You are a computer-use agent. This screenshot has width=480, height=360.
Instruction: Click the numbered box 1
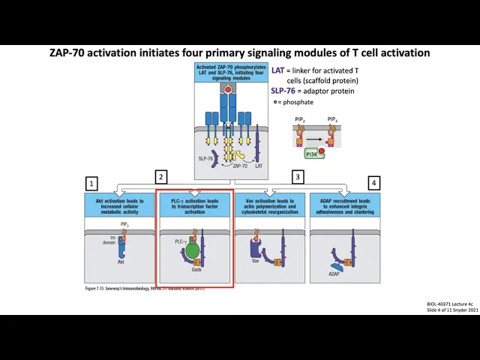(x=91, y=183)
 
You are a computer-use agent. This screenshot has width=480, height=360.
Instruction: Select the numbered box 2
(x=160, y=177)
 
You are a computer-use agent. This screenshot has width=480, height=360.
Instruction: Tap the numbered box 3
(x=298, y=177)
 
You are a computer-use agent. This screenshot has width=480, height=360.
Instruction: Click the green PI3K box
(x=313, y=154)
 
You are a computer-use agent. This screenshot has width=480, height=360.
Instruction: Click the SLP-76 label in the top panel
(x=205, y=158)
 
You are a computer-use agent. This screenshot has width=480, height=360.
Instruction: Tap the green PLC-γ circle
(x=192, y=249)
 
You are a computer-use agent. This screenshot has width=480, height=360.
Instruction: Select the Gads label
(x=196, y=269)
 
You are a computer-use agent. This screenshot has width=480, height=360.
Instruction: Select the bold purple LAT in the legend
(x=277, y=70)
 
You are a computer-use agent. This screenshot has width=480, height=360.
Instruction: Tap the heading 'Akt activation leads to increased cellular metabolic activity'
(x=120, y=205)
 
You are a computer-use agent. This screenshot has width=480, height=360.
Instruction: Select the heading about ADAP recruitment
(x=344, y=205)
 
